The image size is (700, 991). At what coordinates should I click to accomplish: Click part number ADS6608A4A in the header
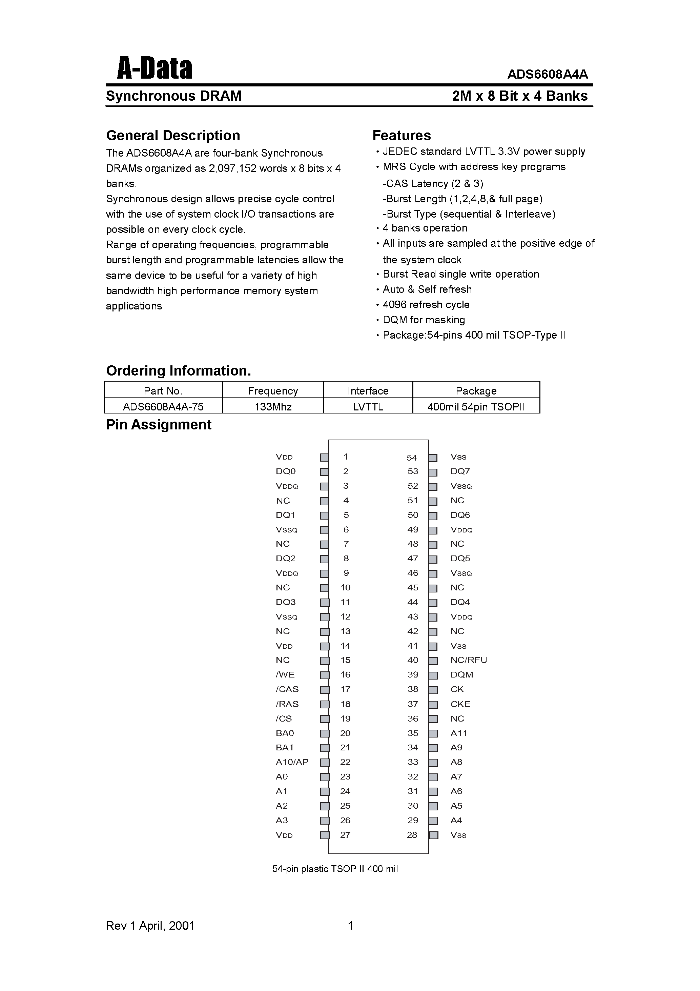coord(547,74)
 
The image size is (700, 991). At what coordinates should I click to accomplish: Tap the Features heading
coord(402,136)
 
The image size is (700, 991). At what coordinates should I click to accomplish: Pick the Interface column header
coord(368,391)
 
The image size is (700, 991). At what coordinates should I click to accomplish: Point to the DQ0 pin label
coord(285,471)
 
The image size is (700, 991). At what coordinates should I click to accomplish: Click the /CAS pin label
coord(287,689)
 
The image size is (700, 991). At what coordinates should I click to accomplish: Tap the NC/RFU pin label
coord(468,660)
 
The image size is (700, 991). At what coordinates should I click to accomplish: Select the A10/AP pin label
coord(292,762)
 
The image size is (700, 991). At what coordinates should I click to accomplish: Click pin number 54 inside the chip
coord(411,458)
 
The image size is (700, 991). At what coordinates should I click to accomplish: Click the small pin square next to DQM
coord(433,675)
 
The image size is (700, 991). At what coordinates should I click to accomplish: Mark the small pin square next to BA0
coord(324,733)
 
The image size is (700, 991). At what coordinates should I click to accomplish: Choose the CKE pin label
coord(460,704)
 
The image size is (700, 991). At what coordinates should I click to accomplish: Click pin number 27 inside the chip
coord(345,835)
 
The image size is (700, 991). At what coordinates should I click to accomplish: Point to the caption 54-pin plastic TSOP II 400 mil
coord(335,869)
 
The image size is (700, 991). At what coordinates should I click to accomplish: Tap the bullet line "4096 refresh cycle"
coord(426,304)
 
